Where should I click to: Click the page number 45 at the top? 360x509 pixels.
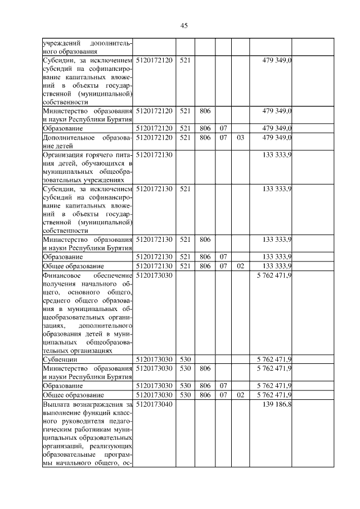coord(183,25)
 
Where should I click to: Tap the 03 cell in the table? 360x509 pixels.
coord(240,137)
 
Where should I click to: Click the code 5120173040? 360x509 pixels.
coord(154,404)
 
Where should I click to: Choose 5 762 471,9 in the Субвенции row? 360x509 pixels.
coord(273,358)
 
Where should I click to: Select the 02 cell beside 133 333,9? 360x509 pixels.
coord(240,265)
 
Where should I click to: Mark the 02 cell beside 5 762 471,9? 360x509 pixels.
coord(240,395)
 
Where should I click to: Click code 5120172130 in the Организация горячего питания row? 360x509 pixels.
coord(154,152)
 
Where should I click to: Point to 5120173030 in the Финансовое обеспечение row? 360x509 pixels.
coord(154,276)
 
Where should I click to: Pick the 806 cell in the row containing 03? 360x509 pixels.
coord(204,137)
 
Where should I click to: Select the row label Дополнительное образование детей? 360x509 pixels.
coord(87,141)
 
